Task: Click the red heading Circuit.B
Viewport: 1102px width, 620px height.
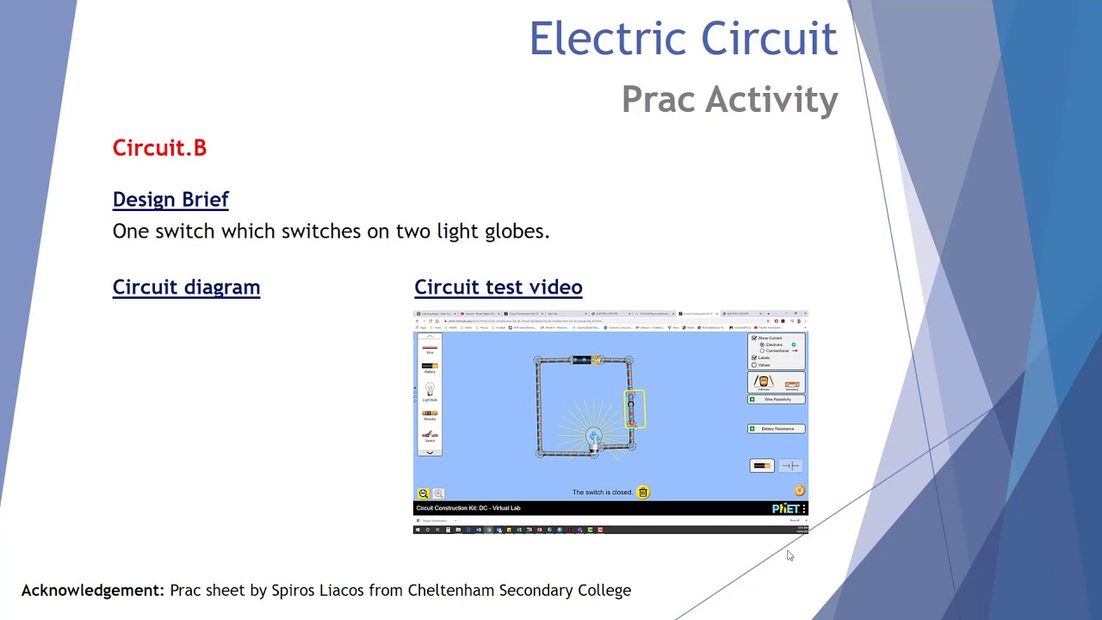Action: pyautogui.click(x=159, y=148)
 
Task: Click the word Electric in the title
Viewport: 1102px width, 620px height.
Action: pyautogui.click(x=608, y=40)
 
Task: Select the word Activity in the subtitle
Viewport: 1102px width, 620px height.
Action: pyautogui.click(x=771, y=100)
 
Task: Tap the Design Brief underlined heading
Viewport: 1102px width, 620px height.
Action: pyautogui.click(x=170, y=200)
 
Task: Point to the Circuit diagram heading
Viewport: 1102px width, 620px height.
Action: pyautogui.click(x=186, y=288)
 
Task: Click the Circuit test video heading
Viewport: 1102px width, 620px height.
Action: pyautogui.click(x=498, y=288)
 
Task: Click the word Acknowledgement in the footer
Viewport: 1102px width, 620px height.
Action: pyautogui.click(x=92, y=591)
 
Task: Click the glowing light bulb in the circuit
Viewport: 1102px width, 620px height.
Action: pyautogui.click(x=594, y=438)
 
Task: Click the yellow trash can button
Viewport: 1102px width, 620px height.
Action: pyautogui.click(x=643, y=493)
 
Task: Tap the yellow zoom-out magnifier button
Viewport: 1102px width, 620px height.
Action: pyautogui.click(x=424, y=493)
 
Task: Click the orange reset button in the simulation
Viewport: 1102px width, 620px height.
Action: pyautogui.click(x=799, y=491)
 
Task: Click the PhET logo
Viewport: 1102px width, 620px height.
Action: pyautogui.click(x=785, y=509)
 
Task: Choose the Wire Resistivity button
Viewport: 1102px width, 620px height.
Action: pyautogui.click(x=777, y=400)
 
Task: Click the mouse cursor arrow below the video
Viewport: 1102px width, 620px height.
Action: pyautogui.click(x=789, y=555)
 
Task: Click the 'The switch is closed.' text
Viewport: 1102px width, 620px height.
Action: pyautogui.click(x=603, y=493)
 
